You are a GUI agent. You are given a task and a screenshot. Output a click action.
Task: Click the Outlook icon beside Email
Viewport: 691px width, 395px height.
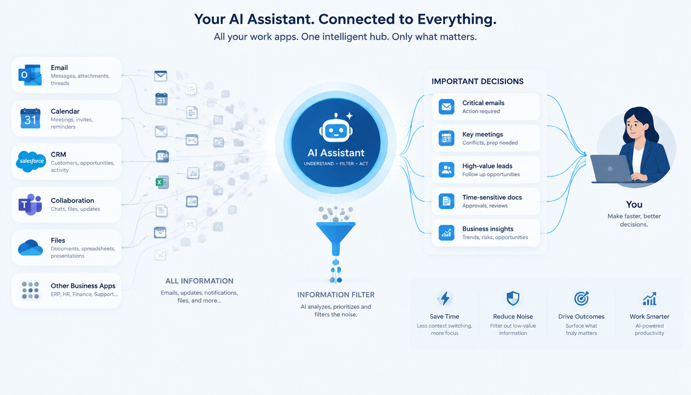(30, 75)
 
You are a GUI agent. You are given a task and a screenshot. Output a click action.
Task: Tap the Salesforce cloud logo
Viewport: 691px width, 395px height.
(31, 161)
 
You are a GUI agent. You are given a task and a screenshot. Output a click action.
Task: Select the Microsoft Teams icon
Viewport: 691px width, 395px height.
(30, 205)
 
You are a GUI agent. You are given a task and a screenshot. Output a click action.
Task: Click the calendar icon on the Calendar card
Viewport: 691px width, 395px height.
(30, 118)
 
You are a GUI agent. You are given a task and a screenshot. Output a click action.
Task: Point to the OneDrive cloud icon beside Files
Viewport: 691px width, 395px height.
(30, 247)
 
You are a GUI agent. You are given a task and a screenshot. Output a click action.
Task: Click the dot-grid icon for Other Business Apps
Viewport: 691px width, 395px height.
(30, 290)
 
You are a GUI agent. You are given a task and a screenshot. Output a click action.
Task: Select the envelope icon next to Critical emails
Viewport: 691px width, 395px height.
(447, 107)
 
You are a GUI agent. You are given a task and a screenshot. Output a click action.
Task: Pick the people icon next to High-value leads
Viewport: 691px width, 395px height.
(447, 170)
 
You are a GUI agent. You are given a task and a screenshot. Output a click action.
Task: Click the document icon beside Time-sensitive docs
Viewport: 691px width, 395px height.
(447, 201)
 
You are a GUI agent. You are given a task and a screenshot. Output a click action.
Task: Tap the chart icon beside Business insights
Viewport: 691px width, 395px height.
(447, 232)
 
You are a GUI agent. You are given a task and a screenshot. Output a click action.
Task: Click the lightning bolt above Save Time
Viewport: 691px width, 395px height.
(445, 298)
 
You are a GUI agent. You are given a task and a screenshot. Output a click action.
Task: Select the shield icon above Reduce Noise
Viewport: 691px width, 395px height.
(513, 298)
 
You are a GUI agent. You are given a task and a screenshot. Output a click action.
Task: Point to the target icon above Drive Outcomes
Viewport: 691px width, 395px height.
(581, 298)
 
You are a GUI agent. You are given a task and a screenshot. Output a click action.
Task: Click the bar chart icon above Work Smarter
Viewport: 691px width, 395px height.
(649, 299)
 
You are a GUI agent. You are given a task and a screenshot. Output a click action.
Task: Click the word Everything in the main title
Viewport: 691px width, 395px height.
(457, 19)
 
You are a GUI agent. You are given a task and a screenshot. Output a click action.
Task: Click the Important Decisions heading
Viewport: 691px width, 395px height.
(477, 82)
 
